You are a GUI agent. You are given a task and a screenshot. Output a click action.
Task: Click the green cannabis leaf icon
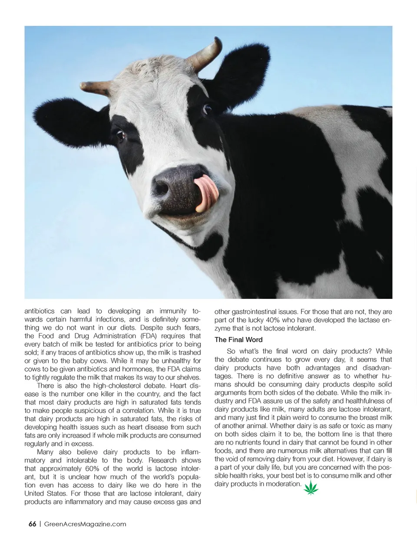(311, 488)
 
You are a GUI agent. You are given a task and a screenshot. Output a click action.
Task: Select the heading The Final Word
(238, 340)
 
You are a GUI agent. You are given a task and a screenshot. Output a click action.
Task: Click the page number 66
(32, 524)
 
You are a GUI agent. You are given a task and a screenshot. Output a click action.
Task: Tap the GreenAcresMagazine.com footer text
(86, 524)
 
